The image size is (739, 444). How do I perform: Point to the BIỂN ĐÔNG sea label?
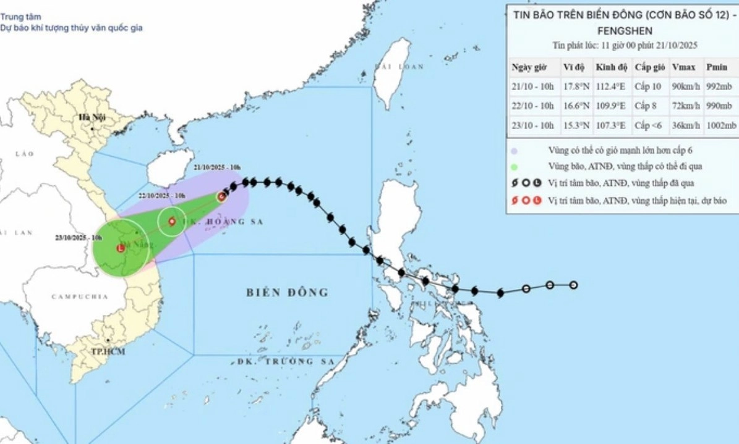coord(287,292)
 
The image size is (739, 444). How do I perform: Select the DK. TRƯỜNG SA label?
coord(286,361)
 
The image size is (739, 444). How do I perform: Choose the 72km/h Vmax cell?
coord(685,107)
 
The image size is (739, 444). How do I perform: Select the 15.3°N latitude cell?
coord(576,126)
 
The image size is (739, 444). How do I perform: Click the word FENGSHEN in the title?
coord(623,30)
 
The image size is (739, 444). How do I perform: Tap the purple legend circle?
coord(515,150)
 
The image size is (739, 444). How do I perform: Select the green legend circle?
coord(515,167)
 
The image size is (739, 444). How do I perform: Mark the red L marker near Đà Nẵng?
coord(120,248)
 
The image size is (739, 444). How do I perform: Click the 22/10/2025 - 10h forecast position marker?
coord(171,221)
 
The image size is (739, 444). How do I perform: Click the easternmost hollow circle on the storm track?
coord(573,285)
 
